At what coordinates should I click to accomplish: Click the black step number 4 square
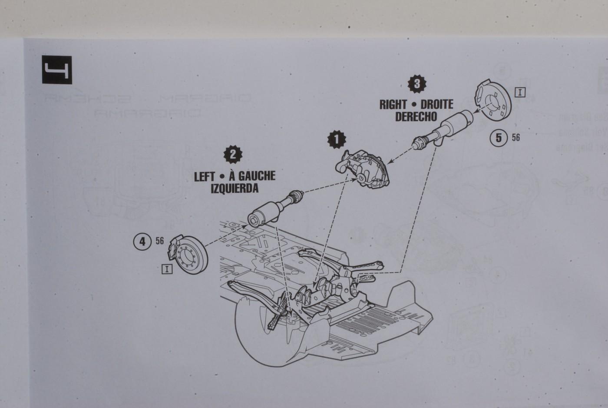[57, 70]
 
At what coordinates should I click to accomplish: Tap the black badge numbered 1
[337, 139]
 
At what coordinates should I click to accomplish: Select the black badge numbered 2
[233, 154]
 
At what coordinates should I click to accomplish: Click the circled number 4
[142, 241]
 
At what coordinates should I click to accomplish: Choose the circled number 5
[499, 138]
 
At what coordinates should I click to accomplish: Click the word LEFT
[205, 176]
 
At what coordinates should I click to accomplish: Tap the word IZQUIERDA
[235, 188]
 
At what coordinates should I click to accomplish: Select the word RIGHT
[393, 105]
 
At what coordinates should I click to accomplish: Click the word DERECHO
[416, 117]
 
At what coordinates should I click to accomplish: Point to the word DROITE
[437, 105]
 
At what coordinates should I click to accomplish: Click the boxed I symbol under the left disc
[166, 269]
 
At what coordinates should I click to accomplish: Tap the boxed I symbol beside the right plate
[520, 92]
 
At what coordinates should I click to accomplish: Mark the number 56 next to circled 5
[515, 138]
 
